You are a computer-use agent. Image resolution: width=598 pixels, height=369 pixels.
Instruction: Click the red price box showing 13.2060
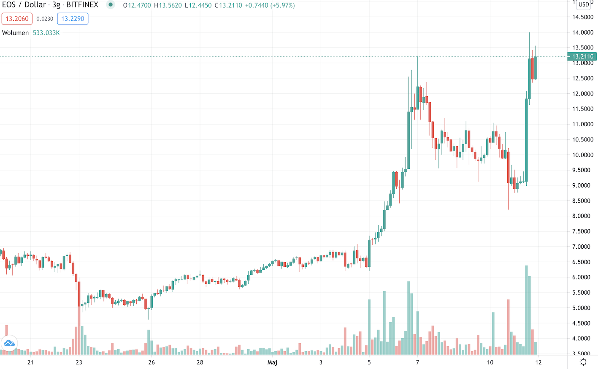[x=17, y=19]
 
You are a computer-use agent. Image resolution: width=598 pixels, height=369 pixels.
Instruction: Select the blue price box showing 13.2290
[x=73, y=19]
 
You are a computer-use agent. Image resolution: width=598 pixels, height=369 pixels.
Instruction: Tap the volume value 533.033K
[x=46, y=33]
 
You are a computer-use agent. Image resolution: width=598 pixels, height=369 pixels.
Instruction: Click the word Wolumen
[x=16, y=33]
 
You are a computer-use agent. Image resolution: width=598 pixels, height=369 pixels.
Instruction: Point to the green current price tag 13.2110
[x=582, y=57]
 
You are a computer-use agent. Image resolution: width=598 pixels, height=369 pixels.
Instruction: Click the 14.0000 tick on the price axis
[x=583, y=33]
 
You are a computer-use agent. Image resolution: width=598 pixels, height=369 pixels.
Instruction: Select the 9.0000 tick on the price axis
[x=583, y=185]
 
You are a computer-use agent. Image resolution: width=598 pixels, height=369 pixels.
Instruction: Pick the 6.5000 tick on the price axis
[x=583, y=262]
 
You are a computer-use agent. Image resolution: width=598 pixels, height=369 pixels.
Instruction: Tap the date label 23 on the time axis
[x=79, y=362]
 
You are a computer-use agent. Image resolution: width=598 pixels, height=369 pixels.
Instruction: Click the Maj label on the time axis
[x=272, y=362]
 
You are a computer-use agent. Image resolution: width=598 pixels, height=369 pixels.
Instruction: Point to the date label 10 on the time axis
[x=490, y=362]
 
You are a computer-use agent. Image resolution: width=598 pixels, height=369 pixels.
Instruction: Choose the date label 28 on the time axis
[x=200, y=362]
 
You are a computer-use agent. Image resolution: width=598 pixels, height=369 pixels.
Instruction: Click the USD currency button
[x=584, y=5]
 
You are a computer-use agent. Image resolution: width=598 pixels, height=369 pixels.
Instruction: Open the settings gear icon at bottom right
[x=583, y=362]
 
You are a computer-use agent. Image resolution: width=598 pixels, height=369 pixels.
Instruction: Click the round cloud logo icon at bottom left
[x=9, y=344]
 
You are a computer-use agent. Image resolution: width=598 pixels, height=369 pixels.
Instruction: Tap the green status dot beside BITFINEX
[x=111, y=5]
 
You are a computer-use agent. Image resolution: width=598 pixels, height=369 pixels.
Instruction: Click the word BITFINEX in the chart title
[x=82, y=5]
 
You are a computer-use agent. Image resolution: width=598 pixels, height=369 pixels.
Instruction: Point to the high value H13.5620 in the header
[x=168, y=5]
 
